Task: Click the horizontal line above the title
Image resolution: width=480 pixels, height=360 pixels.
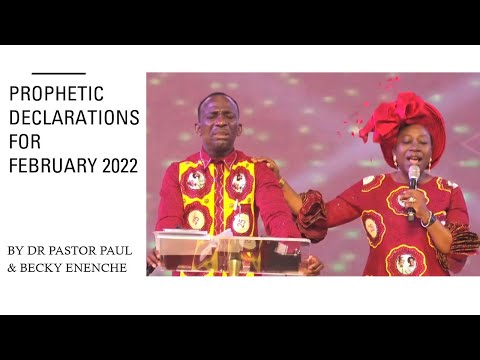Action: pyautogui.click(x=58, y=73)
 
